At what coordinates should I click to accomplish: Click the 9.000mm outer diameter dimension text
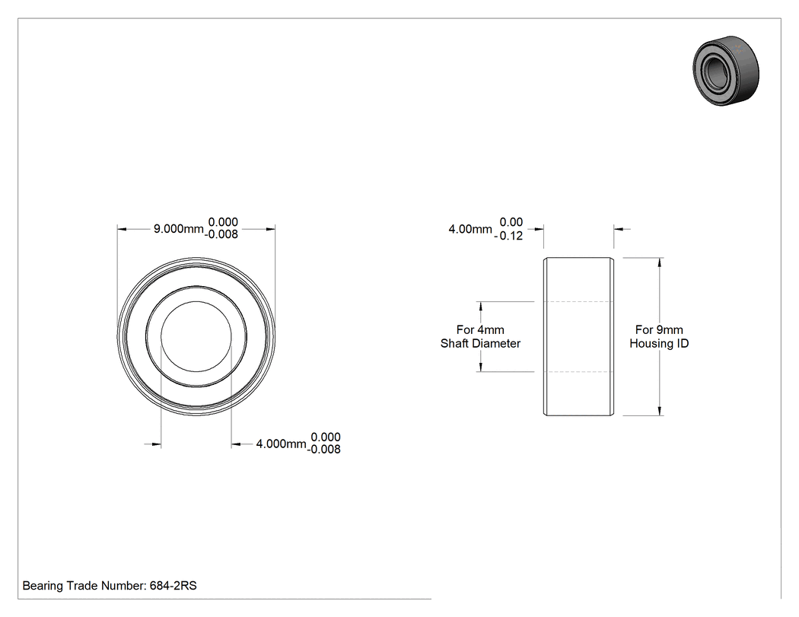pos(178,229)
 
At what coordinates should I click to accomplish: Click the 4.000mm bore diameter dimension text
pos(281,444)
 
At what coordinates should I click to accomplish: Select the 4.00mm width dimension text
pos(470,229)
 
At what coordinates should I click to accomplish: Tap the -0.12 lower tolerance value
pos(508,236)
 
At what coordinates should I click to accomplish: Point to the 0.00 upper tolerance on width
pos(511,222)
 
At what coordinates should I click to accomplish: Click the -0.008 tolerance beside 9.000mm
pos(221,234)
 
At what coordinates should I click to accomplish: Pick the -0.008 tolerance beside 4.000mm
pos(323,450)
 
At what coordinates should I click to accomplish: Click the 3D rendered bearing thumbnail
pos(726,71)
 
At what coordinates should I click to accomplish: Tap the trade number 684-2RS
pos(173,586)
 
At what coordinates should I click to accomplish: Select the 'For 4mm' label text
pos(480,329)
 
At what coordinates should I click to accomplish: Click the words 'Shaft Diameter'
pos(480,343)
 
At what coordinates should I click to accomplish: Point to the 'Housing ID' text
pos(659,343)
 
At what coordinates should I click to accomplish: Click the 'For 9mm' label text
pos(659,329)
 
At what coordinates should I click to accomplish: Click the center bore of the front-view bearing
pos(196,336)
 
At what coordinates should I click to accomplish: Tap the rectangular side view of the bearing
pos(578,336)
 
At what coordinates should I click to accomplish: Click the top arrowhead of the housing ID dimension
pos(660,262)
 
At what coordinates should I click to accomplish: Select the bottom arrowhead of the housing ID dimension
pos(660,411)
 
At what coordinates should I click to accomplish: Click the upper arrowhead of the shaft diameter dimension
pos(480,306)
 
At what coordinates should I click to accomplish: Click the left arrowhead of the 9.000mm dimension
pos(122,229)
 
